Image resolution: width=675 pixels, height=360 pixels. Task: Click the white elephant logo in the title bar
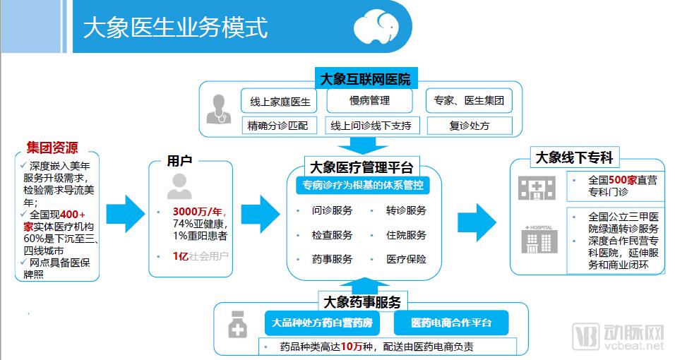coord(376,26)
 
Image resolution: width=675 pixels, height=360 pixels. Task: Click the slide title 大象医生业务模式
coord(176,28)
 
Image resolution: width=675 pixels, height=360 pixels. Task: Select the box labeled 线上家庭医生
coord(280,101)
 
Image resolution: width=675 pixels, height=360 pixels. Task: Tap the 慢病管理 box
coord(369,101)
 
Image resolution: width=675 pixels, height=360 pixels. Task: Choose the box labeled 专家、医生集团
coord(469,101)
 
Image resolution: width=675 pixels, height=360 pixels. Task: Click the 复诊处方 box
coord(470,126)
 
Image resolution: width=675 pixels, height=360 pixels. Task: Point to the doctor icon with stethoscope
coord(219,109)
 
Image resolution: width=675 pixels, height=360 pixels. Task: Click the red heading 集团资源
coord(52,148)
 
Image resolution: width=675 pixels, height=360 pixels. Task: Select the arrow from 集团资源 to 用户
coord(126,214)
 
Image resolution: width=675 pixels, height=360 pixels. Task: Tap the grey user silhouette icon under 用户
coord(179,186)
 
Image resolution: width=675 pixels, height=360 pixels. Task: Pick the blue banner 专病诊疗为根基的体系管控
coord(362,185)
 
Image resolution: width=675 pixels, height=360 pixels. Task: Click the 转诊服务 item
coord(406,210)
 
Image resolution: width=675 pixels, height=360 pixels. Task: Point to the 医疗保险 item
coord(406,259)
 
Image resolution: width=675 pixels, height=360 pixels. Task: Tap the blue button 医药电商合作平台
coord(451,323)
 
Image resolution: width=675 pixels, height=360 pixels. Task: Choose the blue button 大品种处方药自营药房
coord(322,323)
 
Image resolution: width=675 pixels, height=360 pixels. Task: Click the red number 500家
coord(623,180)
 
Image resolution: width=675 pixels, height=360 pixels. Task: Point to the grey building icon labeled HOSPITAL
coord(539,239)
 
